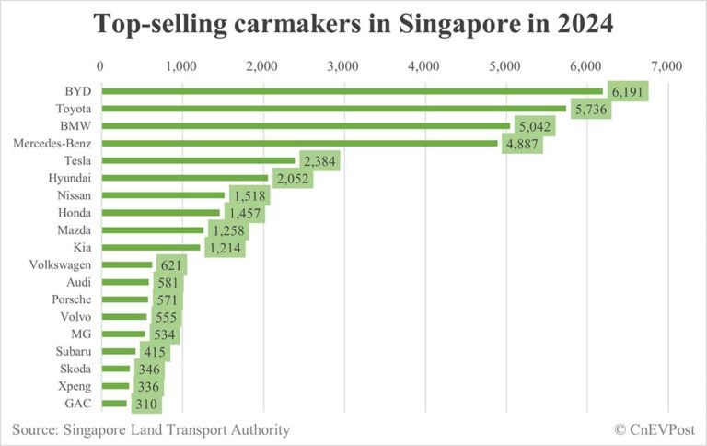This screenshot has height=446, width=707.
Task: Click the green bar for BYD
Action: click(350, 91)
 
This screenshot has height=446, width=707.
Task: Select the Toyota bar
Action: click(331, 109)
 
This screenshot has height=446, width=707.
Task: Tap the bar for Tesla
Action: click(197, 160)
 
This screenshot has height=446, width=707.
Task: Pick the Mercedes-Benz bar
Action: click(298, 143)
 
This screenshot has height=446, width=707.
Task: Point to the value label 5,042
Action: click(535, 126)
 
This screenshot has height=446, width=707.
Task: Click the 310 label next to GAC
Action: click(146, 404)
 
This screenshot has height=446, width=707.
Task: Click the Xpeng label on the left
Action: click(74, 386)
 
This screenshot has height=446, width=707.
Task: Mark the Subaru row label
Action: click(72, 351)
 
